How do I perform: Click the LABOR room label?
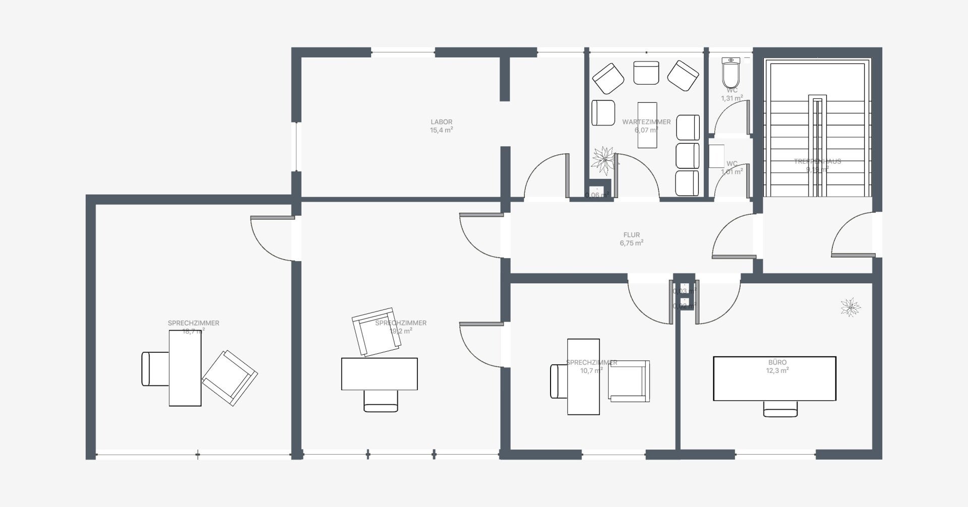coord(441,122)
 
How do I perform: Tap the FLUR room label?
coord(631,235)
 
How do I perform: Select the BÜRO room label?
coord(777,362)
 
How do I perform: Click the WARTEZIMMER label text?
coord(646,122)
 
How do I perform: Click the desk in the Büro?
coord(774,378)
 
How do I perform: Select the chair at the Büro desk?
coord(780,409)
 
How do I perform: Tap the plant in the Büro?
coord(851,306)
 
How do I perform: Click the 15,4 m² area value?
coord(441,130)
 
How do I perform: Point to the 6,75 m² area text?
coord(631,243)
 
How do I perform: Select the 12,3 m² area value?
coord(777,370)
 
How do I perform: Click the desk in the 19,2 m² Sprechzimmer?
coord(379,374)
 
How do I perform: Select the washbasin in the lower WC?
coord(716,156)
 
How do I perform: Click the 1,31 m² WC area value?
coord(732,98)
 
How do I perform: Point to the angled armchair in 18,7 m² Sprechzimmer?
coord(229,378)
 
